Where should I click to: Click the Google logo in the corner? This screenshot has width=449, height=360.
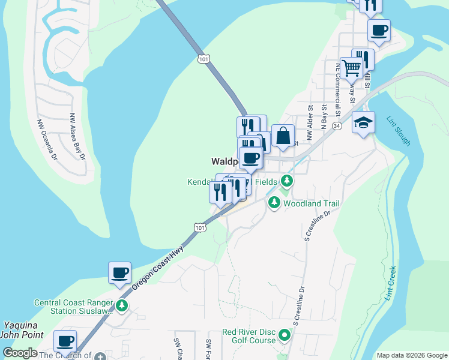[x=19, y=353]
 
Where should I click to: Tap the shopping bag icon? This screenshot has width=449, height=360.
[x=283, y=136]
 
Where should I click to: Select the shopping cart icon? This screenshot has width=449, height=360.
[x=351, y=68]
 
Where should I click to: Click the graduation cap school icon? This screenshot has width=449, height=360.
[x=363, y=123]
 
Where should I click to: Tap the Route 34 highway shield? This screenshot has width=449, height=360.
[x=337, y=127]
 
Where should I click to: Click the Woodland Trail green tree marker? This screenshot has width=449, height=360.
[x=274, y=203]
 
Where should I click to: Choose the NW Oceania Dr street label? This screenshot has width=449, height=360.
[x=47, y=138]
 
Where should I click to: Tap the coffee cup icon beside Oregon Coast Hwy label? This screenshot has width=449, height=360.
[x=119, y=273]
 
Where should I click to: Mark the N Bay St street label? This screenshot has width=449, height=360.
[x=324, y=118]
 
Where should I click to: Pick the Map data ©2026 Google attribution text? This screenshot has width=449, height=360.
[x=411, y=355]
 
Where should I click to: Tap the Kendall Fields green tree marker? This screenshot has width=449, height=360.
[x=288, y=181]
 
